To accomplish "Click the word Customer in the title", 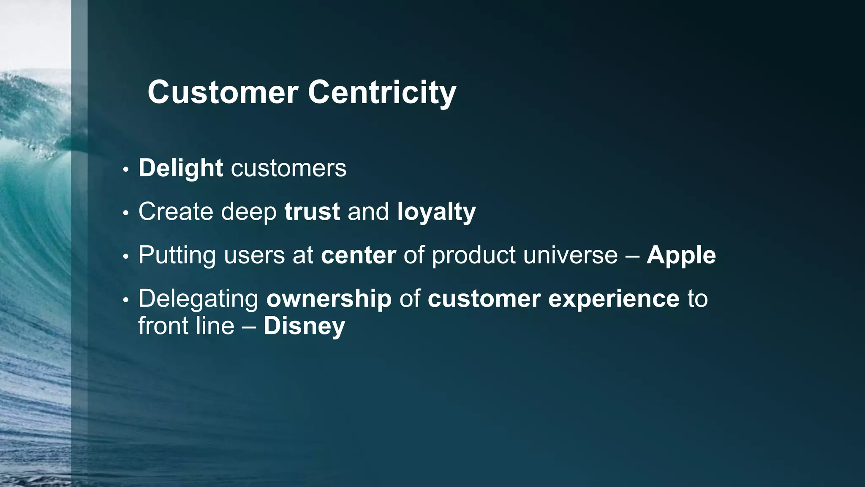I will [x=223, y=92].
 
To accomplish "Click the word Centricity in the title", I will [x=382, y=92].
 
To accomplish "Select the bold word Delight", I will [x=181, y=168].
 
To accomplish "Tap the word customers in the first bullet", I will [x=288, y=168].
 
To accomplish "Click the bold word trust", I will [x=312, y=211].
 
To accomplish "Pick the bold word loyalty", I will [x=436, y=212].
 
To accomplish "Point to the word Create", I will [x=176, y=211].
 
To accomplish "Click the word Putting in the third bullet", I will [x=177, y=255].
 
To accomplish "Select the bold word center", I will [x=358, y=255].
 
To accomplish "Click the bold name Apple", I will [x=681, y=255].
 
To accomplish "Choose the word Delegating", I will [x=199, y=299].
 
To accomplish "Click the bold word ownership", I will [x=329, y=299].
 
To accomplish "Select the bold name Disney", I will [x=304, y=326].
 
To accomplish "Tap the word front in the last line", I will [x=162, y=326].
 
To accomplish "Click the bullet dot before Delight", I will [x=125, y=170].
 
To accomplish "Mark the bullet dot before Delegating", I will [x=125, y=300].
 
